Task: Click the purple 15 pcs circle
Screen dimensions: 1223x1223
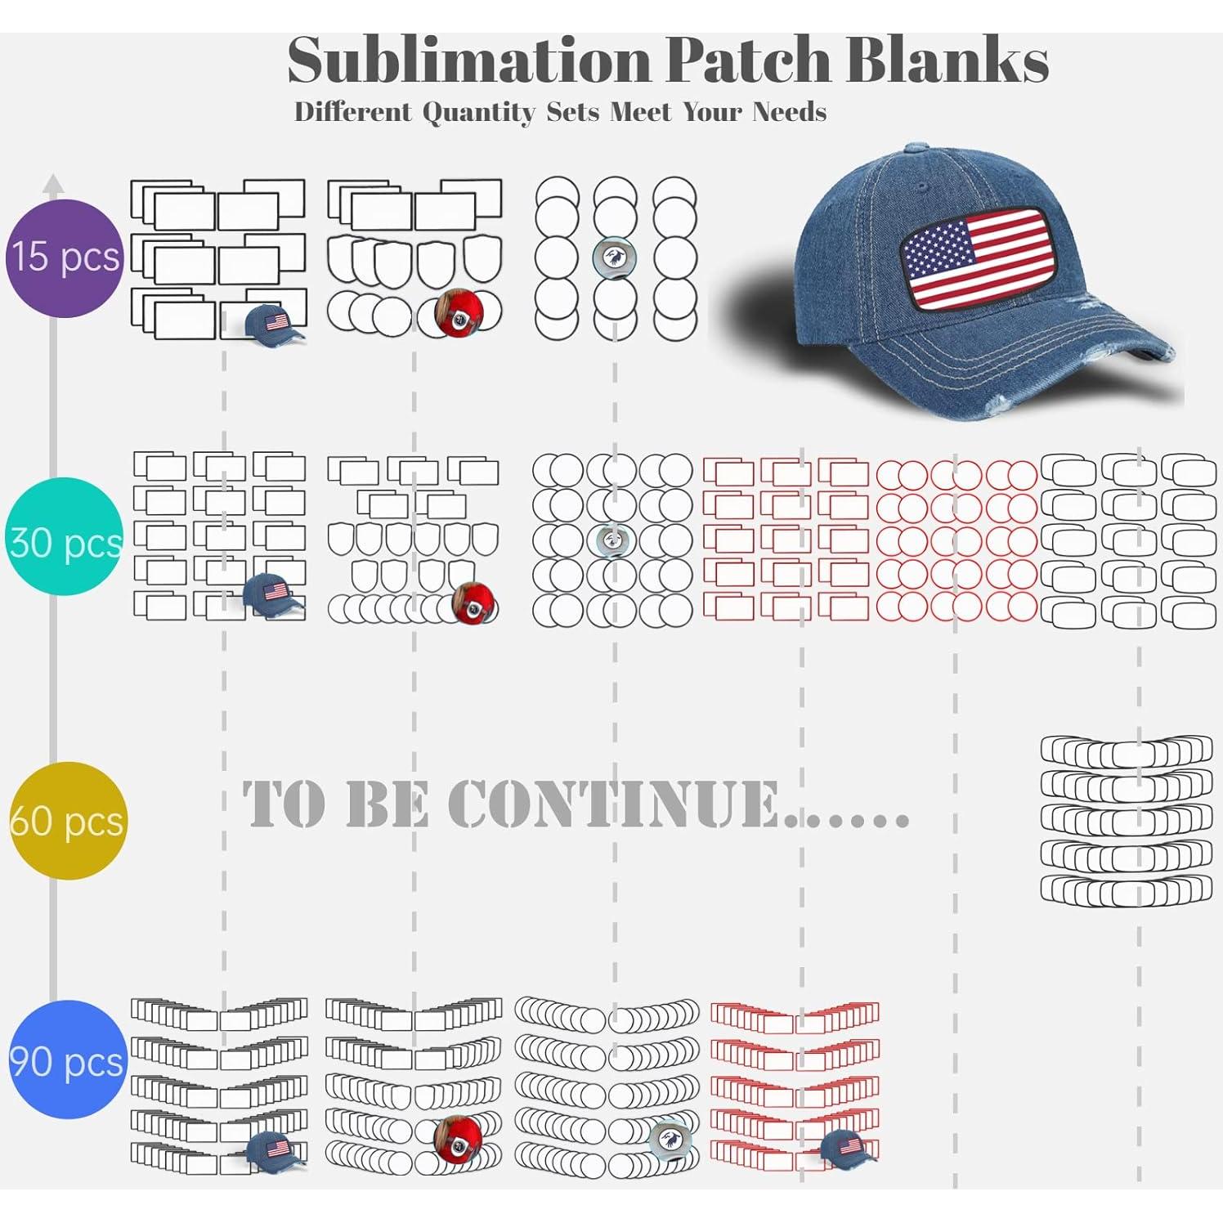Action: pyautogui.click(x=65, y=258)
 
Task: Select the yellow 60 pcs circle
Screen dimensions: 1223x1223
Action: pyautogui.click(x=68, y=820)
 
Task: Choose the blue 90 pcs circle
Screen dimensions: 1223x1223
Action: pyautogui.click(x=68, y=1059)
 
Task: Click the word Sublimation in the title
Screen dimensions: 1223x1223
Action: pyautogui.click(x=471, y=61)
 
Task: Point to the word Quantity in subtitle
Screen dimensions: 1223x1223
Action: pyautogui.click(x=478, y=112)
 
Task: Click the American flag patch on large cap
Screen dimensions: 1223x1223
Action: pyautogui.click(x=975, y=258)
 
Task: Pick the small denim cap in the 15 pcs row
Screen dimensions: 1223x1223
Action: pyautogui.click(x=275, y=321)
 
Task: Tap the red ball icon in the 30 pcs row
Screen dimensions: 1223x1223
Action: pyautogui.click(x=473, y=603)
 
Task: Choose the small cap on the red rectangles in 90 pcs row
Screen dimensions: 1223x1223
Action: pyautogui.click(x=848, y=1145)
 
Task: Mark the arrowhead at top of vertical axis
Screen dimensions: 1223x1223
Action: pyautogui.click(x=53, y=182)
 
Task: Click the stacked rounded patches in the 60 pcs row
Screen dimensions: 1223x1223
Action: pyautogui.click(x=1126, y=820)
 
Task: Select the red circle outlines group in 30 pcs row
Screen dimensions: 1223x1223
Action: pyautogui.click(x=956, y=540)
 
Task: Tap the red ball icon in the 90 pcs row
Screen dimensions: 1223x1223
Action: pyautogui.click(x=457, y=1138)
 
